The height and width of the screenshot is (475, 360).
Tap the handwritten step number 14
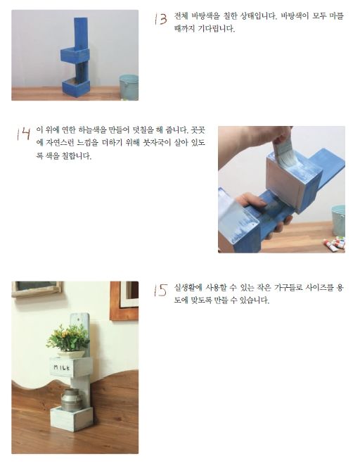pos(22,134)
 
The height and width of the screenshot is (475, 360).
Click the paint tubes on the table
pos(334,243)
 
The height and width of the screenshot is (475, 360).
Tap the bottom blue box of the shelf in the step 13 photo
pos(75,87)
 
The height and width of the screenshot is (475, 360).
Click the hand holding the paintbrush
pos(268,138)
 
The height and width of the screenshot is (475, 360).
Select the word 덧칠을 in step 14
pos(145,132)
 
